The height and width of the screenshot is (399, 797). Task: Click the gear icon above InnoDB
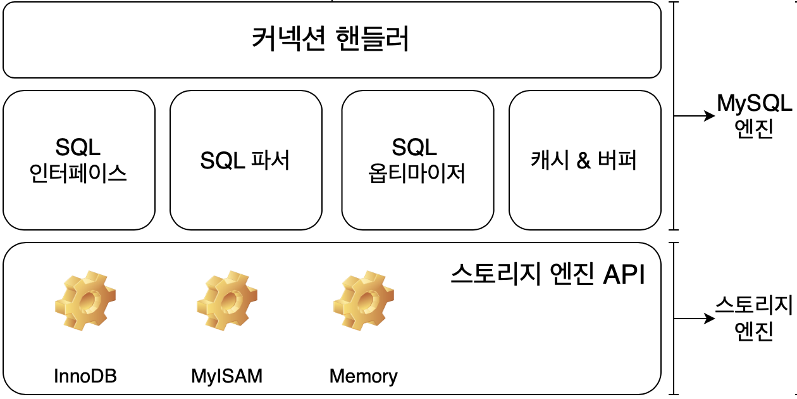(x=85, y=301)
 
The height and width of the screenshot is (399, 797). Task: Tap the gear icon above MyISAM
(x=227, y=301)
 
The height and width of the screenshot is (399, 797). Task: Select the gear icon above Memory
(x=364, y=301)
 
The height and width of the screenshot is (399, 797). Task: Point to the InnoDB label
(x=85, y=376)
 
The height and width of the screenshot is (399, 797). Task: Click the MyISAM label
(x=226, y=376)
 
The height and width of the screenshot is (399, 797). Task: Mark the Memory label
(x=364, y=376)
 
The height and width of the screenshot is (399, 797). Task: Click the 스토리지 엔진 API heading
(x=548, y=275)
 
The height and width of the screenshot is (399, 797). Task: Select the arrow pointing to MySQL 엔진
(x=695, y=117)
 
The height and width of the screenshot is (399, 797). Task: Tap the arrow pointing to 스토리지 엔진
(x=695, y=319)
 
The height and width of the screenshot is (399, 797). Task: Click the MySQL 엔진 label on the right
(x=754, y=116)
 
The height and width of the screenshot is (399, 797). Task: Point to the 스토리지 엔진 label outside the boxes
(x=754, y=318)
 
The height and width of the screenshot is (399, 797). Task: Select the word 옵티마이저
(x=417, y=173)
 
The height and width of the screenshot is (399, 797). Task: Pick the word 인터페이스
(x=79, y=173)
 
